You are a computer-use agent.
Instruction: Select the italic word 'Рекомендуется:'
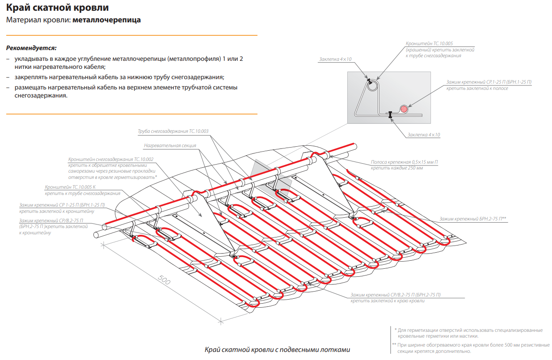point(31,48)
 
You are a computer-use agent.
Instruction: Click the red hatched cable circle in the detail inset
point(405,109)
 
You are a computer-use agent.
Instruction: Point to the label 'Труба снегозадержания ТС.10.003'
point(173,131)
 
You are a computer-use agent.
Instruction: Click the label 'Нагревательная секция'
point(170,146)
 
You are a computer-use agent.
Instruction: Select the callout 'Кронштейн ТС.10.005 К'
point(70,187)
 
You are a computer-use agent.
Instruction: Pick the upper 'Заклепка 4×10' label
point(336,59)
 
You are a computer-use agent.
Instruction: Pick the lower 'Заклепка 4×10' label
point(424,135)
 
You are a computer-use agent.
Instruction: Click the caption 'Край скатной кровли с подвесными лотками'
point(277,350)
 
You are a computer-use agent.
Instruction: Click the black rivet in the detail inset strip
point(390,114)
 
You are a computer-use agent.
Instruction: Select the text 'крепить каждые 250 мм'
point(393,168)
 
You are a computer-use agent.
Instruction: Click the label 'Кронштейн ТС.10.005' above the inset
point(429,44)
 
